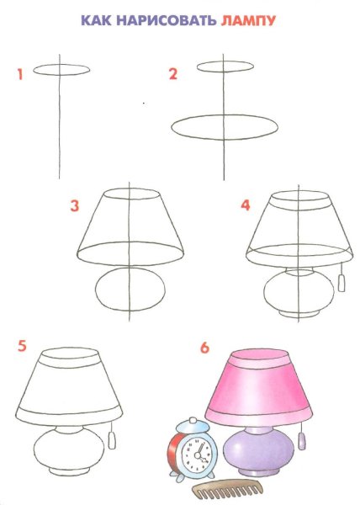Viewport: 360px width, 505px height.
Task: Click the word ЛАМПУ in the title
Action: coord(248,20)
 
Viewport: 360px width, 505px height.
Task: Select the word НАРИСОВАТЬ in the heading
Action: coord(166,20)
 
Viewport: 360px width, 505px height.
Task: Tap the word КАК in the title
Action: coord(96,20)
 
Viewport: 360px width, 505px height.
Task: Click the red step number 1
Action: coord(20,74)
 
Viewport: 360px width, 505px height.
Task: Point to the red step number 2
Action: coord(173,74)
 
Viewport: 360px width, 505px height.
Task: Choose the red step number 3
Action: coord(75,206)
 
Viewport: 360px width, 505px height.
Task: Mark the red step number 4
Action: coord(246,205)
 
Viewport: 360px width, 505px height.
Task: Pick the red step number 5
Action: coord(22,346)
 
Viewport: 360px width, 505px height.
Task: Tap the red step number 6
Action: coord(204,348)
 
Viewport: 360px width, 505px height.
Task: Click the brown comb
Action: coord(227,492)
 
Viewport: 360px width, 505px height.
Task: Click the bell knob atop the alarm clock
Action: coord(193,421)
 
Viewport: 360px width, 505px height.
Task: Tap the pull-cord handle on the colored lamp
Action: coord(302,441)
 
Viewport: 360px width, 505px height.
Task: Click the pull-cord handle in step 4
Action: coord(341,283)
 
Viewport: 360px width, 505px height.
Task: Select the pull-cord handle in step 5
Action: coord(112,440)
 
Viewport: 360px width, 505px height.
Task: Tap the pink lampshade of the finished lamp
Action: coord(258,387)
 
